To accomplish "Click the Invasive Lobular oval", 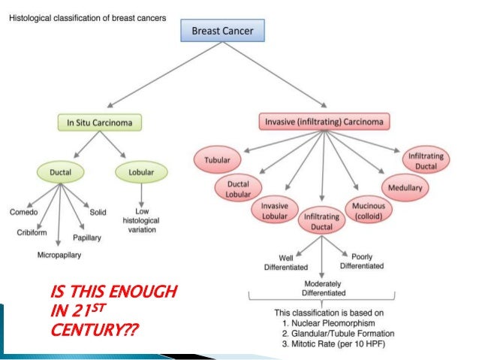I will [x=274, y=210].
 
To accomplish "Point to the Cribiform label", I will [x=33, y=233].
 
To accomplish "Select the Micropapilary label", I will [x=59, y=255].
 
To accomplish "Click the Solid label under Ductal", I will [x=98, y=212].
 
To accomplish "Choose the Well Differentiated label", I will [x=279, y=261].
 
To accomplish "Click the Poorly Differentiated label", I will [x=362, y=261].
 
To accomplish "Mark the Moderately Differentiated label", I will [x=321, y=287].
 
